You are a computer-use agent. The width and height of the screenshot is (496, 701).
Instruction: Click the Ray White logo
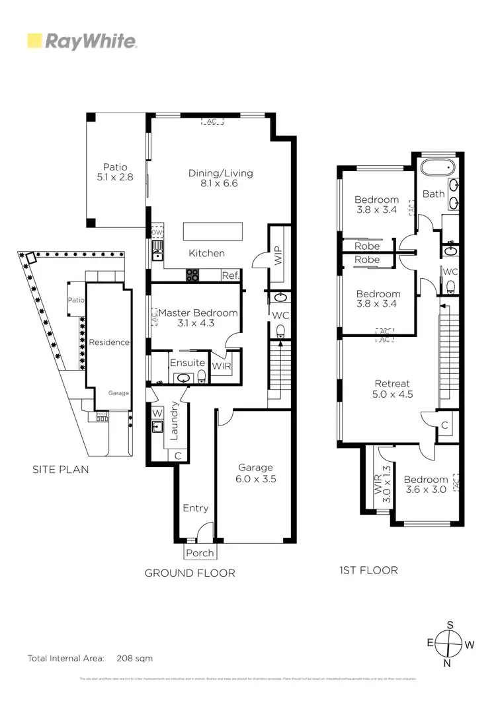[82, 42]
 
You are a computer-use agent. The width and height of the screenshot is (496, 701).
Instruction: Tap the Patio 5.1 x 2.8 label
[114, 172]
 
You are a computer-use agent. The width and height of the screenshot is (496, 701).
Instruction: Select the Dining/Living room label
[221, 178]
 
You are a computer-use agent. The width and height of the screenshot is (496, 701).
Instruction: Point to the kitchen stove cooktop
[193, 275]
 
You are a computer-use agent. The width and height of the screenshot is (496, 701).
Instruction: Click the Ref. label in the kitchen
[230, 276]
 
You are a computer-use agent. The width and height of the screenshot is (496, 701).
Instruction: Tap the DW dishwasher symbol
[157, 233]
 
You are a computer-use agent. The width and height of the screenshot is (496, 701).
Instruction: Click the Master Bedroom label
[198, 318]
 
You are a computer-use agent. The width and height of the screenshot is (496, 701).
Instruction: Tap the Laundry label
[175, 420]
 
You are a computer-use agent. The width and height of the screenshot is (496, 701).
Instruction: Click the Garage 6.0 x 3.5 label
[255, 472]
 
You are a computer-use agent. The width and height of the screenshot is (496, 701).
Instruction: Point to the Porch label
[200, 552]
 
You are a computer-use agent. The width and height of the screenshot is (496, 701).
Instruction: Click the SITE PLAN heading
[60, 470]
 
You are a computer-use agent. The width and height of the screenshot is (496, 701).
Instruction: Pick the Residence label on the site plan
[109, 342]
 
